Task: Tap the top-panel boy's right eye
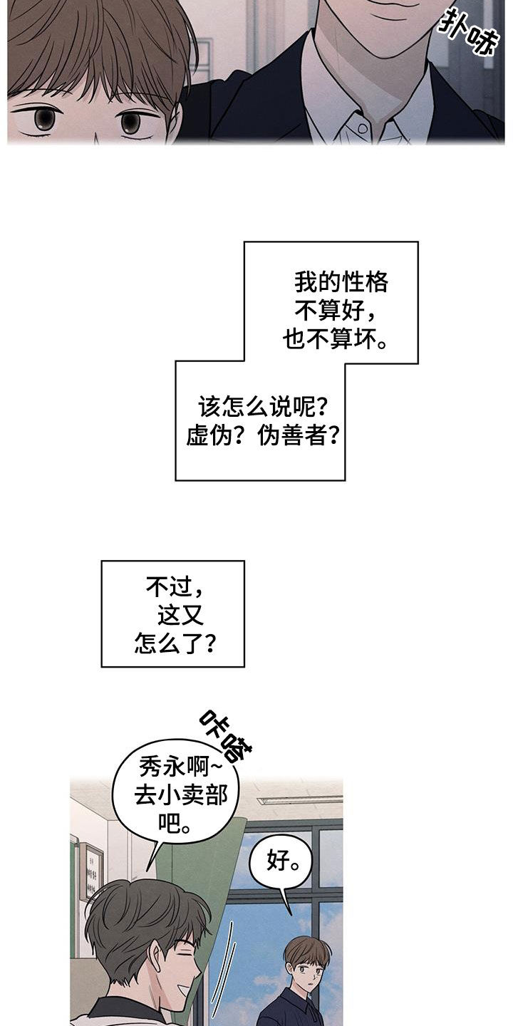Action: [131, 122]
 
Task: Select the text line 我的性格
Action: [342, 283]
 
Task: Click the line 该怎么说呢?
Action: [263, 407]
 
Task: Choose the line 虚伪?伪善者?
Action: [262, 436]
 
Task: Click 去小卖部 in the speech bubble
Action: [181, 797]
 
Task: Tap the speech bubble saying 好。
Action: [280, 863]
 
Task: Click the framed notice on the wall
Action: [91, 871]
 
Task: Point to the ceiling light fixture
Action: [299, 798]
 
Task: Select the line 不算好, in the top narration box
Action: [336, 312]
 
